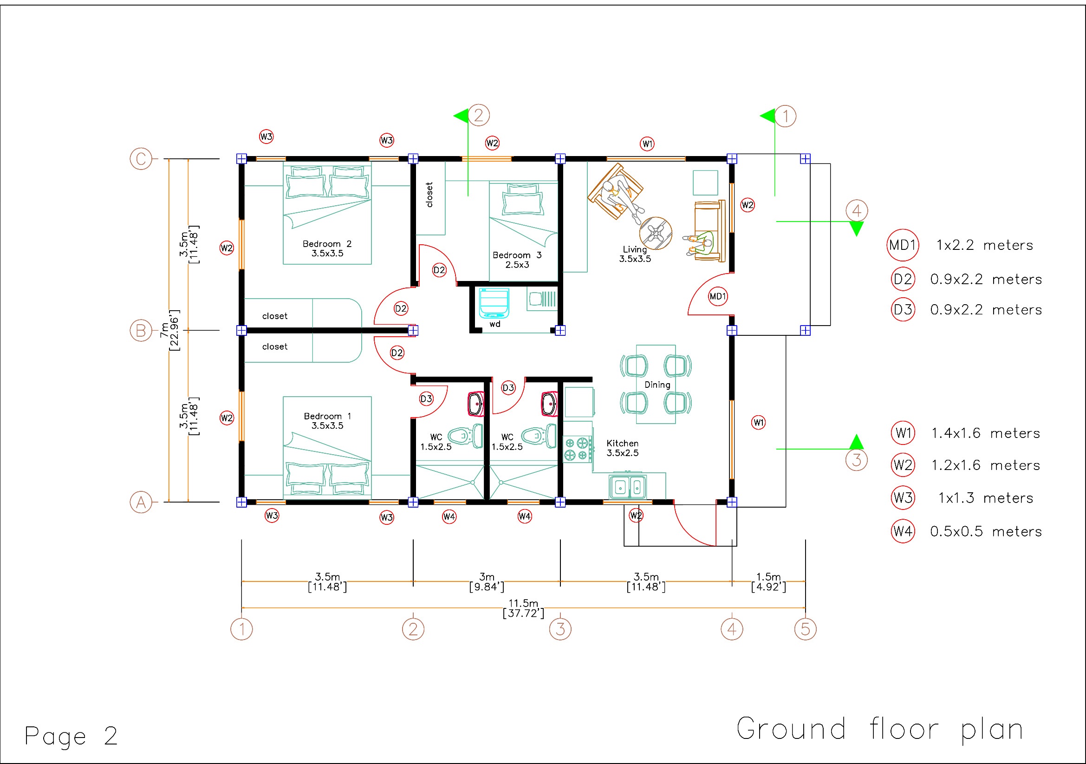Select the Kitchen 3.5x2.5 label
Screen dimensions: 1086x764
pyautogui.click(x=623, y=448)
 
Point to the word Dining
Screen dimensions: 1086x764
pyautogui.click(x=657, y=385)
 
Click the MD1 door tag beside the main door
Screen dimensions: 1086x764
pyautogui.click(x=717, y=297)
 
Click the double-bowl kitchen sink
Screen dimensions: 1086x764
pyautogui.click(x=628, y=486)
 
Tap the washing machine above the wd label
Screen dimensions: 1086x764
pyautogui.click(x=494, y=303)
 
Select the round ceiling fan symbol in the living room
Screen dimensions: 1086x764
pyautogui.click(x=655, y=233)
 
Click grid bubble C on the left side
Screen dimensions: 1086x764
pyautogui.click(x=141, y=158)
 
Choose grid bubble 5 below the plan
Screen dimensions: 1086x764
pyautogui.click(x=805, y=629)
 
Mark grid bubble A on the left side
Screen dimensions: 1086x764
pyautogui.click(x=141, y=502)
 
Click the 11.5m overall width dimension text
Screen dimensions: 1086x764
pyautogui.click(x=523, y=608)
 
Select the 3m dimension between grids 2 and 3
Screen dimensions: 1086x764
pyautogui.click(x=487, y=582)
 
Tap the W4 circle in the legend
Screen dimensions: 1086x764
pyautogui.click(x=903, y=531)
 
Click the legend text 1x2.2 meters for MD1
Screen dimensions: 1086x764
pyautogui.click(x=985, y=245)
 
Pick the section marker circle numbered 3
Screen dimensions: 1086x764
pyautogui.click(x=856, y=460)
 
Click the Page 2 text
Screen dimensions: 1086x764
pyautogui.click(x=71, y=737)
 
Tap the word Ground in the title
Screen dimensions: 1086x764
pyautogui.click(x=791, y=729)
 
